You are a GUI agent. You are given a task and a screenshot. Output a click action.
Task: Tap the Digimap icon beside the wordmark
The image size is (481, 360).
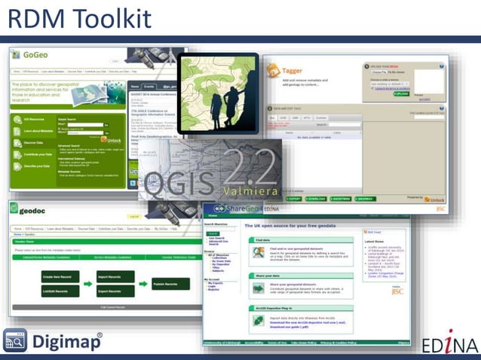pos(15,341)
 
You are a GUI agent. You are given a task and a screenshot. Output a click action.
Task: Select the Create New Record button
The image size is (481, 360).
pos(61,276)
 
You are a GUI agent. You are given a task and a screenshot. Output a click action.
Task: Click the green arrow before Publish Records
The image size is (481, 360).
pos(144,283)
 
